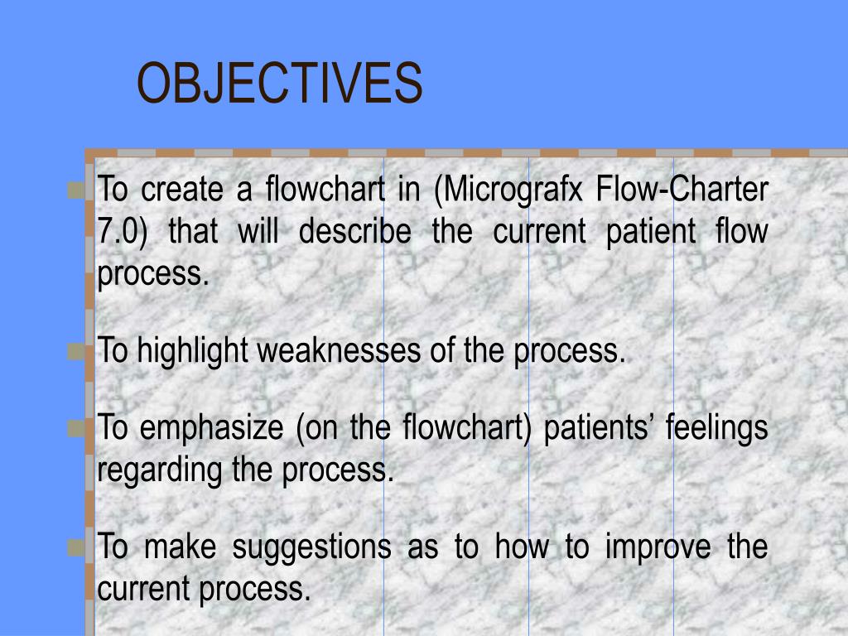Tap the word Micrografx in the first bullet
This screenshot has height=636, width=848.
click(508, 190)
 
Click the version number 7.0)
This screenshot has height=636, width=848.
click(123, 232)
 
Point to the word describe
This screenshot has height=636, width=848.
click(354, 231)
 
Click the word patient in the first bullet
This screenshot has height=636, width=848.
click(651, 232)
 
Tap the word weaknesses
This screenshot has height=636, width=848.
click(339, 350)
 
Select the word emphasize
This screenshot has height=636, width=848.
click(211, 429)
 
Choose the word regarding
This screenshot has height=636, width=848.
click(160, 470)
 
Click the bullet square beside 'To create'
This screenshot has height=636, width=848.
click(76, 190)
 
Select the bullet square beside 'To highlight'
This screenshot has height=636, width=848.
click(76, 352)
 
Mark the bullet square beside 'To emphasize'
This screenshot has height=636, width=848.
click(76, 430)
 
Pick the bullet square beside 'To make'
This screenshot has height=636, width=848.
click(76, 548)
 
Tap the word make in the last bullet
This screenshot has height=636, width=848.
click(181, 547)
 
